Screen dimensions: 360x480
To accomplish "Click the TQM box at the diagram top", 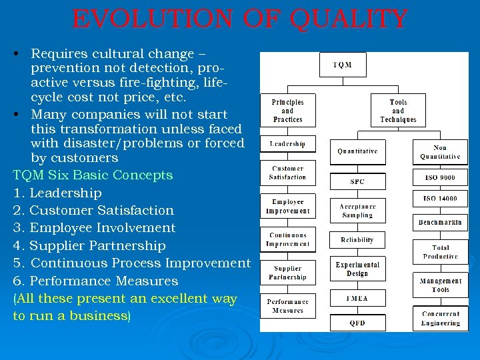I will [x=342, y=65].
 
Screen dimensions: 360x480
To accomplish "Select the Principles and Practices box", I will [x=287, y=111].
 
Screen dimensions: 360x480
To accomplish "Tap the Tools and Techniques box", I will [x=398, y=111].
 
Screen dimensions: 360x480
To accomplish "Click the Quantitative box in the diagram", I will [x=357, y=151].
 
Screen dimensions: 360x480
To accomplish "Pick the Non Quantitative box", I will [x=440, y=152].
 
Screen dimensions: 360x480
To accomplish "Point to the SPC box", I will [x=357, y=181].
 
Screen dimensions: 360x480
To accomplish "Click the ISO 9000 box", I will [x=440, y=178].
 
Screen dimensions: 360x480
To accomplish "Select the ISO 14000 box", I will [x=440, y=199].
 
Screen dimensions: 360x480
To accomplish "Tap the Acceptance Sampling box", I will [x=357, y=211].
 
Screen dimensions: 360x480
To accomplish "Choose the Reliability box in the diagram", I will [x=357, y=240].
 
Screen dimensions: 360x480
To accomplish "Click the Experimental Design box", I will [x=357, y=269].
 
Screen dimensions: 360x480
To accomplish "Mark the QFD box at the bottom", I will [x=357, y=323].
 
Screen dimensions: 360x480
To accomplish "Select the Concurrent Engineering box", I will [x=440, y=319].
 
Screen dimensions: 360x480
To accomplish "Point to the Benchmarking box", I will [x=440, y=222].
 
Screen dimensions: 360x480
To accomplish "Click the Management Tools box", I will [x=440, y=285].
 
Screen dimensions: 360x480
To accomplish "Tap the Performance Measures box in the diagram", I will [x=287, y=306].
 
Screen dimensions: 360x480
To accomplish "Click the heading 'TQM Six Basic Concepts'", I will [x=93, y=175].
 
